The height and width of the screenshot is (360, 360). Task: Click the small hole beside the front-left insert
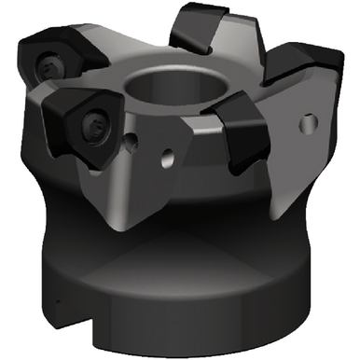(137, 142)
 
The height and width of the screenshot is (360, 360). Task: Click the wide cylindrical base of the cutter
(187, 298)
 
